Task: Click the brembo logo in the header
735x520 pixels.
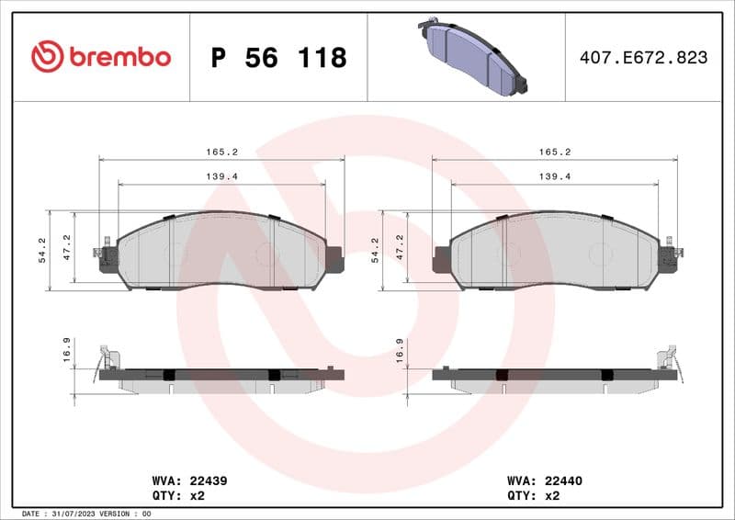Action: point(101,57)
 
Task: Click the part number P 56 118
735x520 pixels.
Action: point(278,58)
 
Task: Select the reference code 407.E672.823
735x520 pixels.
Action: point(643,58)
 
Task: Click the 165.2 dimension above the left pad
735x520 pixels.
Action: point(221,152)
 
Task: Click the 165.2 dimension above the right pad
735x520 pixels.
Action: point(555,152)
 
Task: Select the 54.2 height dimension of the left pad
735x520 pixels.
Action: point(42,249)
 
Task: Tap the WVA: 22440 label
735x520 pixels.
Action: point(545,480)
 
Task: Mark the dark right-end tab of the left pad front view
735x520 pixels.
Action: point(334,259)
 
